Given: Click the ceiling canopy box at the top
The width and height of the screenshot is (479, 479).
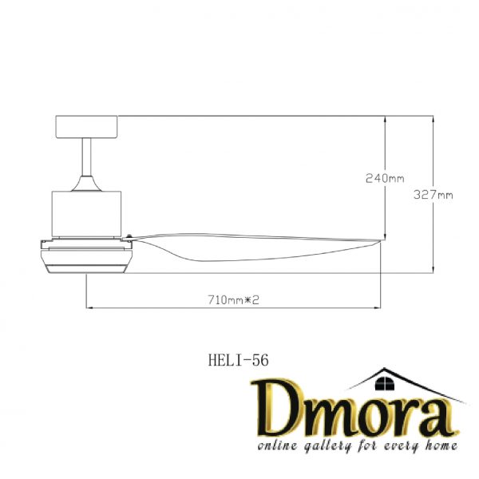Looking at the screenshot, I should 86,125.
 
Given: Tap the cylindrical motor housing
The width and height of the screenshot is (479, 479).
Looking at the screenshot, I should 86,214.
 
